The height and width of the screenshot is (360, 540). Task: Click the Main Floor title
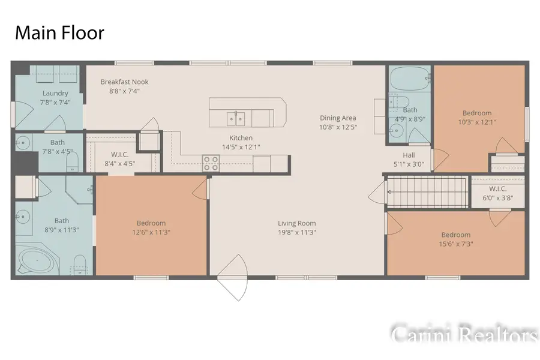click(59, 33)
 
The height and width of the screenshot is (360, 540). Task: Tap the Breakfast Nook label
click(124, 82)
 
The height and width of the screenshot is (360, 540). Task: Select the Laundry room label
click(55, 93)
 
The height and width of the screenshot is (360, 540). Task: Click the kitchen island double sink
click(236, 119)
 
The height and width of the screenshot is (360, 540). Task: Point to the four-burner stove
click(211, 163)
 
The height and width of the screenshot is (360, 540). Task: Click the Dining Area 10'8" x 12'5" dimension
click(338, 127)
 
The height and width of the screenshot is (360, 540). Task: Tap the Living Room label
click(297, 223)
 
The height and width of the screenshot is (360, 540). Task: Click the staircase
click(427, 192)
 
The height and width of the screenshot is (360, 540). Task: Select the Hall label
click(409, 155)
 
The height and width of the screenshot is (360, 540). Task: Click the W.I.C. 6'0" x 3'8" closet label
click(497, 193)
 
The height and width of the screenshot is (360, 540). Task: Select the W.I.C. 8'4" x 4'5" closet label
click(120, 159)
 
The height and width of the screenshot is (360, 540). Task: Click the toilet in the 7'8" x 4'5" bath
click(73, 161)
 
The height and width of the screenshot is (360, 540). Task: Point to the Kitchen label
click(241, 138)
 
